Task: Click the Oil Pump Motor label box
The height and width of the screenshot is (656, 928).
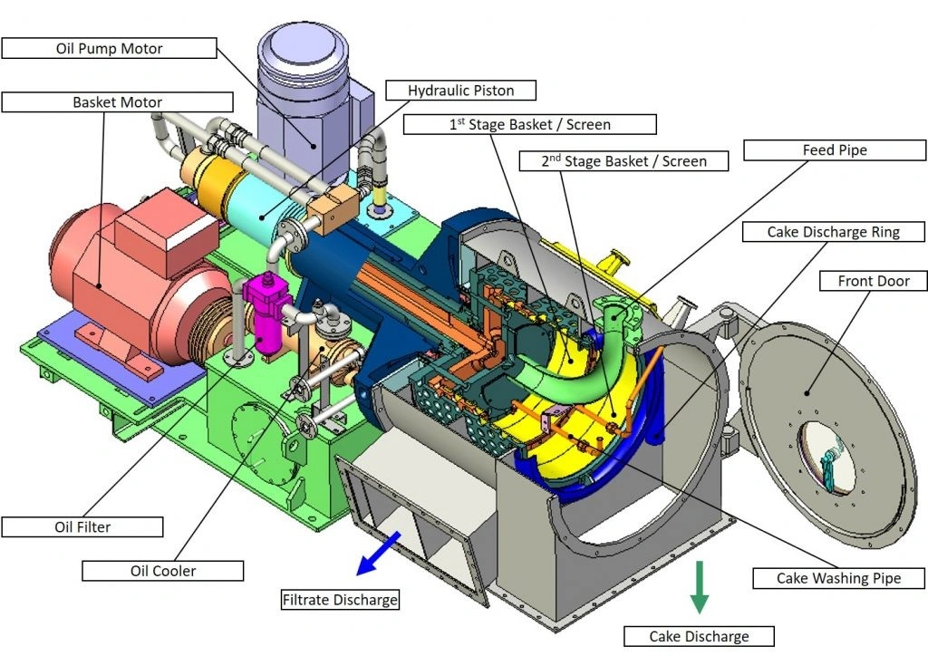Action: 109,48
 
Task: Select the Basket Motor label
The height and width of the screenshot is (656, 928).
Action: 117,102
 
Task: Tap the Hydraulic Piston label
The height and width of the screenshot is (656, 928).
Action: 460,91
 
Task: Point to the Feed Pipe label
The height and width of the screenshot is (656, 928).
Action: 834,150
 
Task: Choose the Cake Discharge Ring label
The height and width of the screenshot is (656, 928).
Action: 833,232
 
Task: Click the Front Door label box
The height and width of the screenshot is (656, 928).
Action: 874,281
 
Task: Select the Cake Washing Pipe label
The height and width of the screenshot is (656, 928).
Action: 839,577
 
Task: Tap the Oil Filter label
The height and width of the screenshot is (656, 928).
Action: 82,526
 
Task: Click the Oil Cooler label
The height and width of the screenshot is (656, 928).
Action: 163,571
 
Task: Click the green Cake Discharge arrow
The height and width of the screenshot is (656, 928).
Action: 699,587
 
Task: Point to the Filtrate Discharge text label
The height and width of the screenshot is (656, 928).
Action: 340,600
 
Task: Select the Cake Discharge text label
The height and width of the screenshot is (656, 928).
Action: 699,636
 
